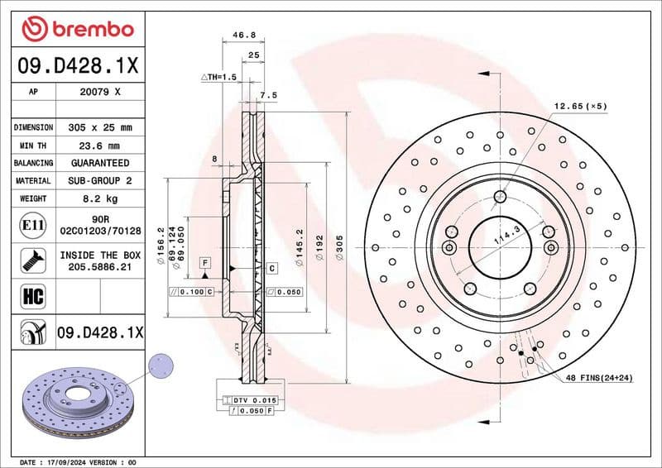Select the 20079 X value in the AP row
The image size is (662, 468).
[101, 92]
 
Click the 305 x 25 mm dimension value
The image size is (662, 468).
[101, 127]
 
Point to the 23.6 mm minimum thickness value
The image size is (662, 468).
[101, 146]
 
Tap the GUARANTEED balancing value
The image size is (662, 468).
[101, 163]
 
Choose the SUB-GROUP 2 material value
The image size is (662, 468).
[101, 180]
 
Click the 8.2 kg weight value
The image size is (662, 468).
[101, 198]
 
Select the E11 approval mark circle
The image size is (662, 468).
[31, 224]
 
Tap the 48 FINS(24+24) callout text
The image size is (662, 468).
[599, 378]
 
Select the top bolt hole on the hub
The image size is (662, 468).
[500, 196]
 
